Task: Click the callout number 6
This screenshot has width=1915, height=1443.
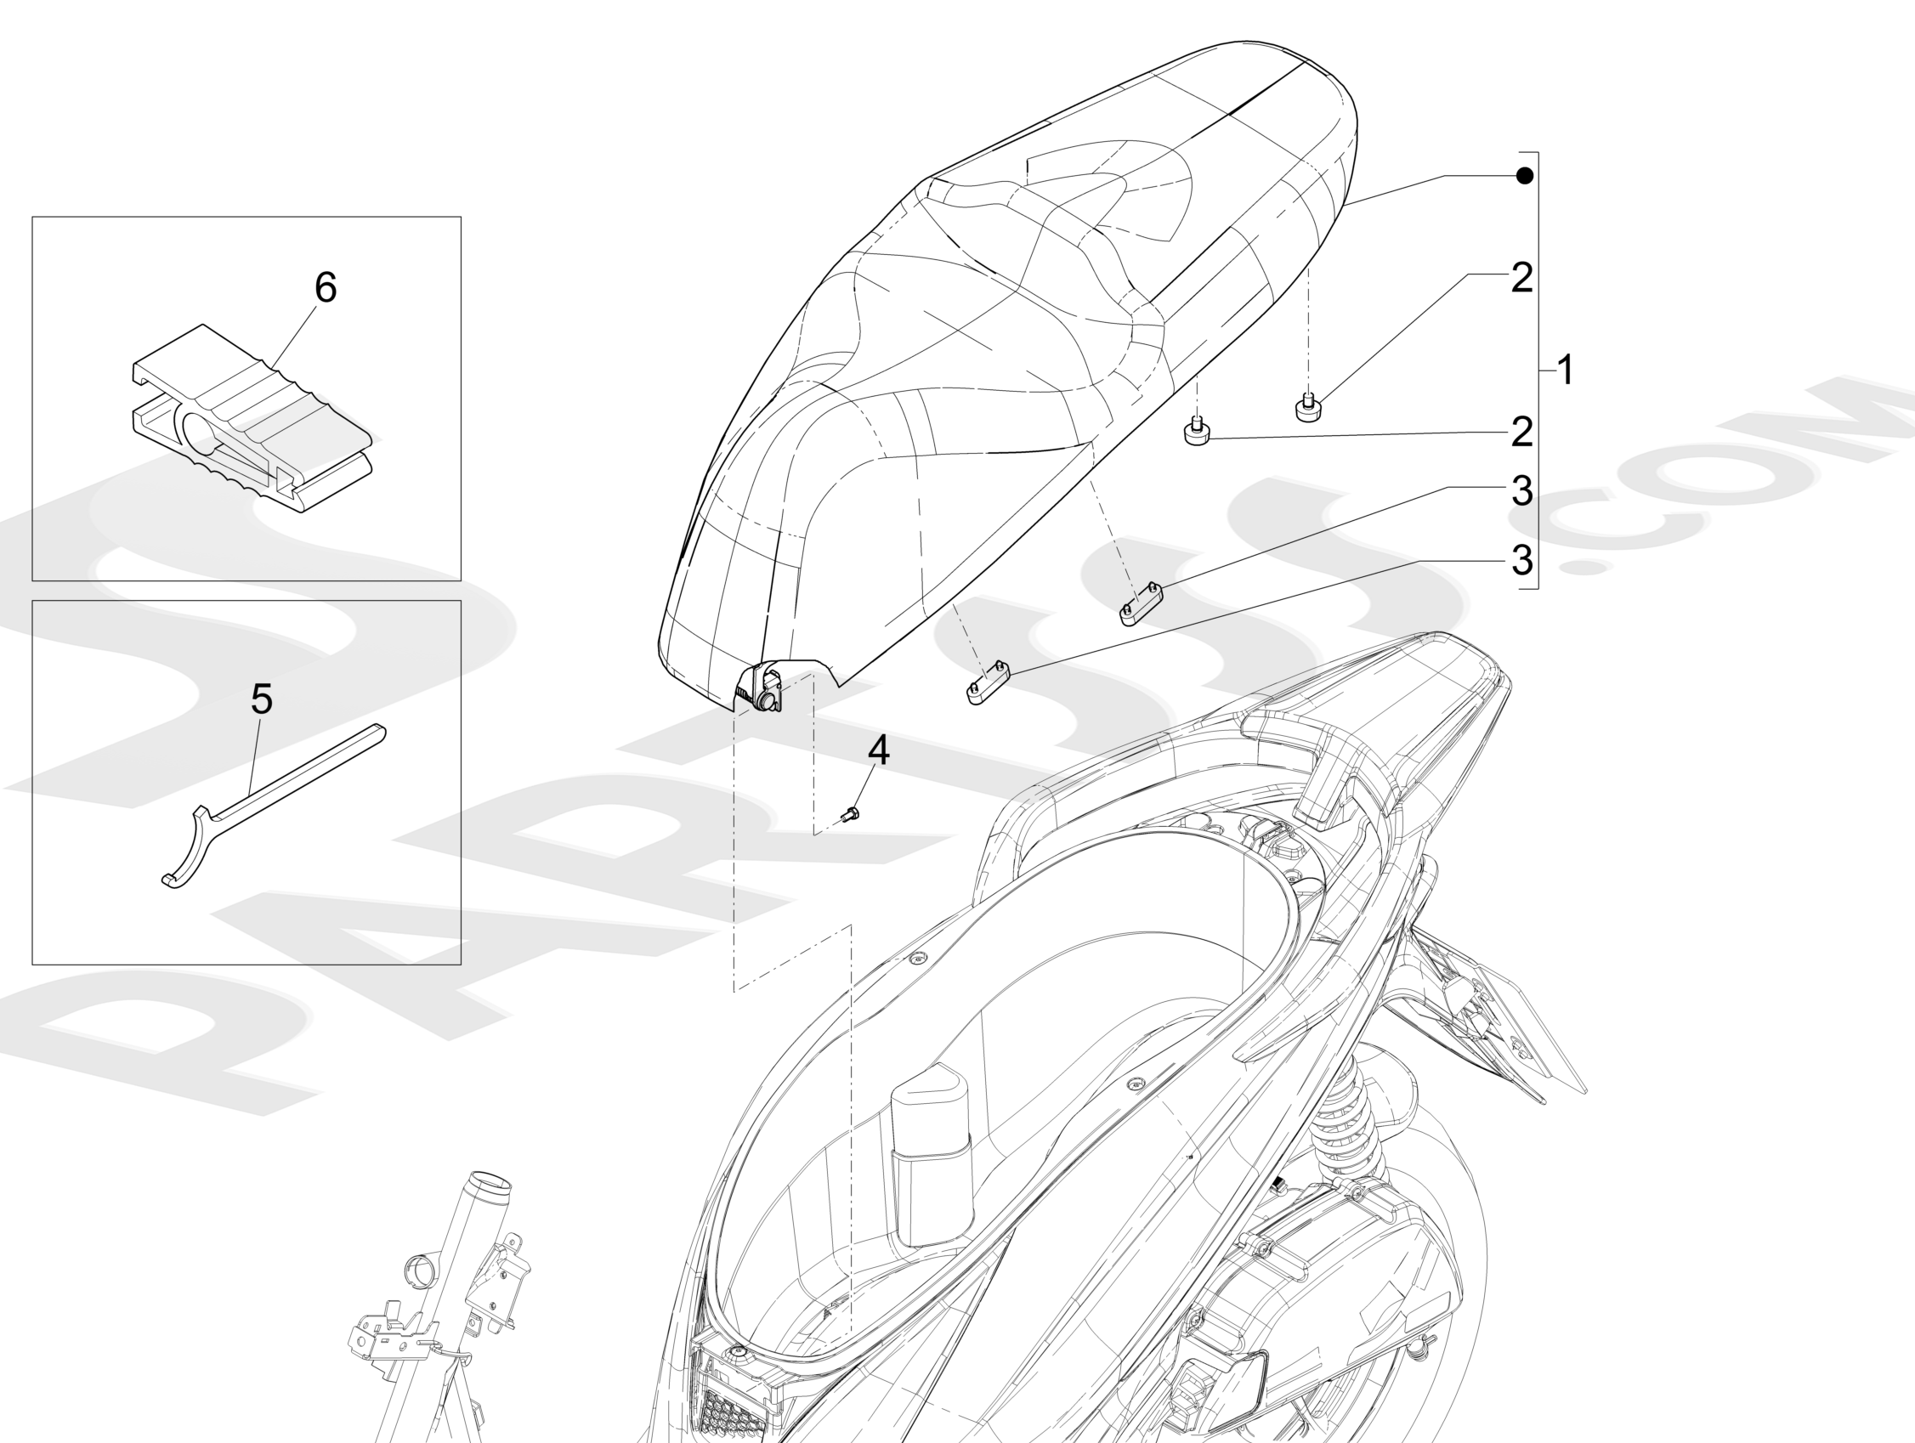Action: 325,287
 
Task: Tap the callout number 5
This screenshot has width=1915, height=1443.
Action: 262,699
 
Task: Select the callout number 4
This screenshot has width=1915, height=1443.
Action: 878,750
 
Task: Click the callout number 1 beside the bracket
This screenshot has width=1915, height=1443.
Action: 1564,371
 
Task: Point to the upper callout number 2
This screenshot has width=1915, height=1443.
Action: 1521,278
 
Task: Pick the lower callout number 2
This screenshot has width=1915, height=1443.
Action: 1521,432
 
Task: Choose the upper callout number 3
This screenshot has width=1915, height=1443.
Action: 1521,491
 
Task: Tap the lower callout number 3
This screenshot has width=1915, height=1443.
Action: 1521,560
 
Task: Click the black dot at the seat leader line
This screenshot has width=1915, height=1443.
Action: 1525,177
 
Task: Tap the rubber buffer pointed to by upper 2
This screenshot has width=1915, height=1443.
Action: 1308,407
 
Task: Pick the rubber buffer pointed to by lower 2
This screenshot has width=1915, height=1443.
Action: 1197,432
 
